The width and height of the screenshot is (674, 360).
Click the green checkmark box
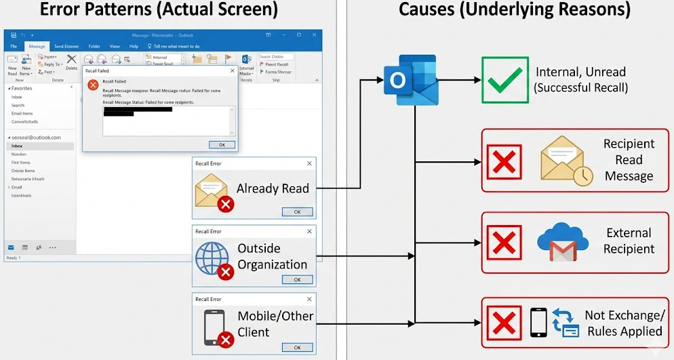point(504,80)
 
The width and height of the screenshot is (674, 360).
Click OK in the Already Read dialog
point(297,212)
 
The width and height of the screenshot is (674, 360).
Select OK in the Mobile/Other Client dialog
point(297,347)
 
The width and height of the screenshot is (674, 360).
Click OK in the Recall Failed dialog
point(222,144)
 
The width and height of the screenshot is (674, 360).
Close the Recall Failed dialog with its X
point(233,70)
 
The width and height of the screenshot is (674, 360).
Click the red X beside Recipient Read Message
point(505,161)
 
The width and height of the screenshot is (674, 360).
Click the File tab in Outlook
point(14,46)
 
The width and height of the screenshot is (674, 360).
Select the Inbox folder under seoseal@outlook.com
point(17,146)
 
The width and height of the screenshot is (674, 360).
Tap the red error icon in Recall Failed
point(93,84)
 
